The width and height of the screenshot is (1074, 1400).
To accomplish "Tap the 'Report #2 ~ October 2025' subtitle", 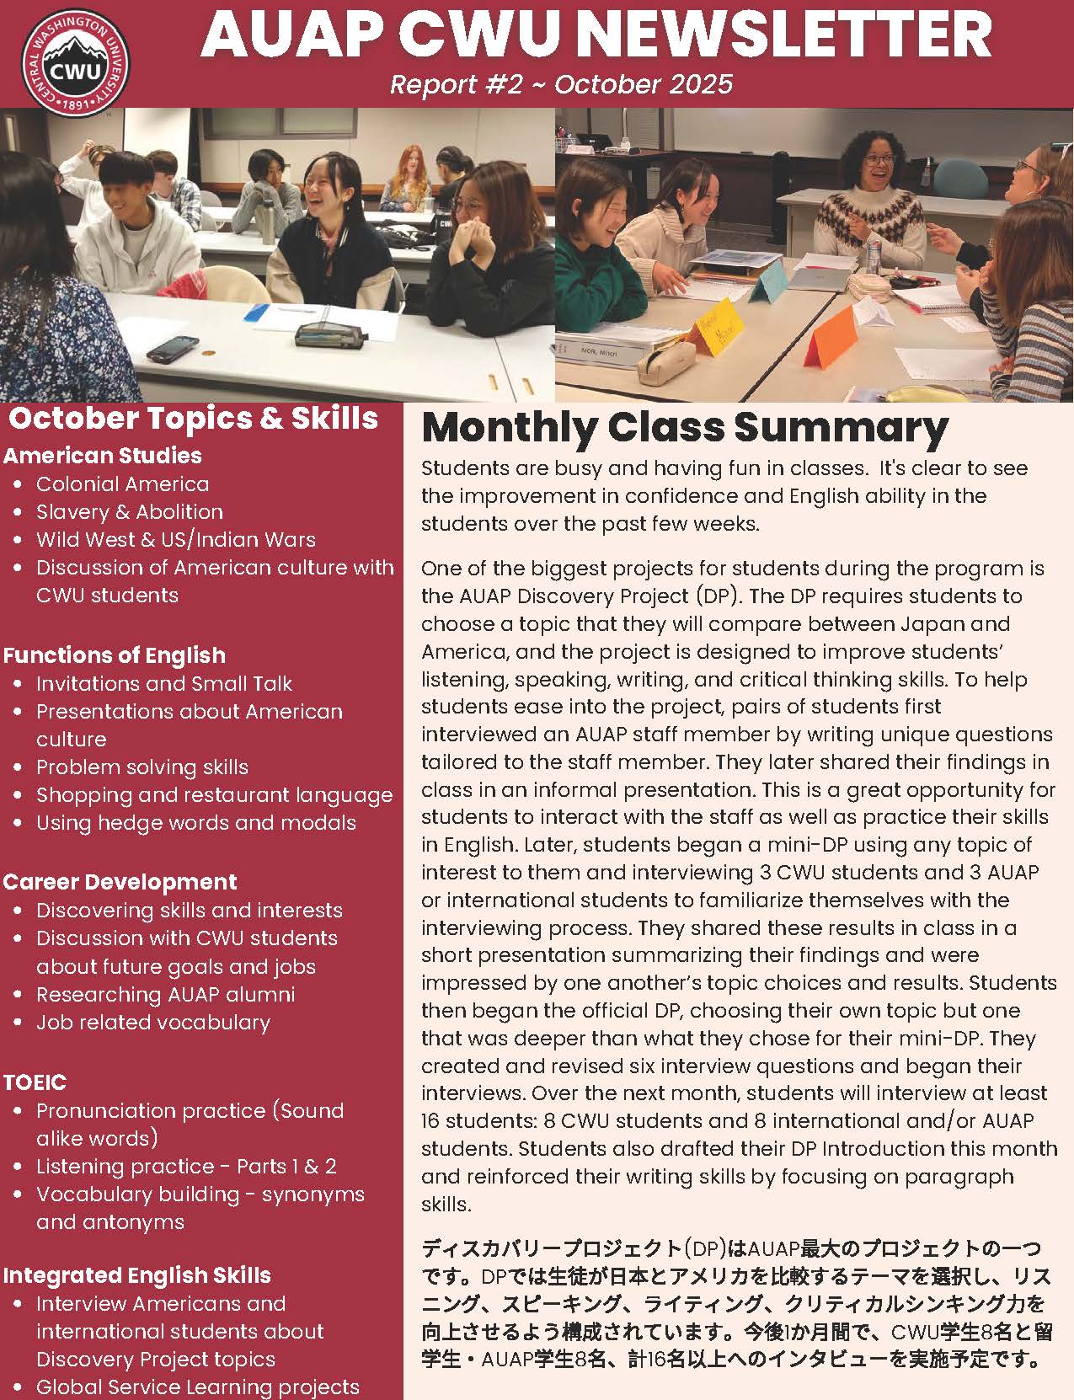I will [x=561, y=84].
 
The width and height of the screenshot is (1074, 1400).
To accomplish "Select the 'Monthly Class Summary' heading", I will [x=684, y=427].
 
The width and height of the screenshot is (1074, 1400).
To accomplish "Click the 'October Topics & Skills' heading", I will [x=193, y=418].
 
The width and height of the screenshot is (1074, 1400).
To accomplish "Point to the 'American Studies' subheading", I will [x=103, y=456].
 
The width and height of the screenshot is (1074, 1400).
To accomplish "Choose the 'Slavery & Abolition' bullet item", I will [x=129, y=512].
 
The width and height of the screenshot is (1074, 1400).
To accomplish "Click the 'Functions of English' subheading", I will [x=115, y=655].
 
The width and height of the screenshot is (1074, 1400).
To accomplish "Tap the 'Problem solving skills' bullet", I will [x=142, y=767].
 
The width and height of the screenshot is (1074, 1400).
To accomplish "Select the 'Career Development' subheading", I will [x=120, y=882].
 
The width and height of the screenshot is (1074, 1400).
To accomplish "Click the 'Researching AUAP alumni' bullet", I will [x=165, y=995].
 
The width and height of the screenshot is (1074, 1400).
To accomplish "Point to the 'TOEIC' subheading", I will [x=35, y=1082].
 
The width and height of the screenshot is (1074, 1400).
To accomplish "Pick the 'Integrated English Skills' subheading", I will [x=137, y=1275].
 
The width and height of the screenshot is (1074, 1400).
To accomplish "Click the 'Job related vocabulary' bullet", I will [x=152, y=1023].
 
